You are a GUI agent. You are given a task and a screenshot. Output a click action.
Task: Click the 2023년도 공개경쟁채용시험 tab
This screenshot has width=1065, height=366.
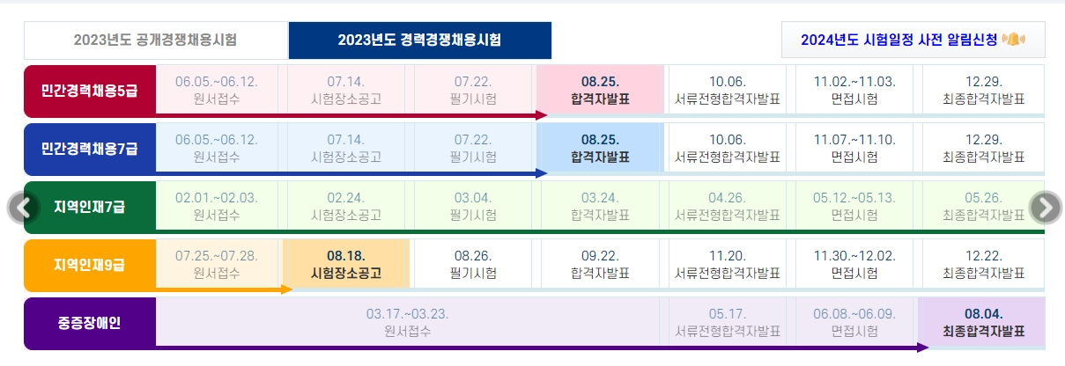155,40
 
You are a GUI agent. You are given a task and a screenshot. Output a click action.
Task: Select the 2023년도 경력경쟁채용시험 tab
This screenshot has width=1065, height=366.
419,40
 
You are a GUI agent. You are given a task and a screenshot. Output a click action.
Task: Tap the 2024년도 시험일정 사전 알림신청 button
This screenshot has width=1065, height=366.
912,40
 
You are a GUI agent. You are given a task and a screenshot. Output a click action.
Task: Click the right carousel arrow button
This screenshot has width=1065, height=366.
1046,208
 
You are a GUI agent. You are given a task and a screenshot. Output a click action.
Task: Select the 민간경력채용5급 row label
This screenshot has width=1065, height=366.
90,90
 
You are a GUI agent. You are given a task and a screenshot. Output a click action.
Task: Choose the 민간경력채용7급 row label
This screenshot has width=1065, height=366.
90,149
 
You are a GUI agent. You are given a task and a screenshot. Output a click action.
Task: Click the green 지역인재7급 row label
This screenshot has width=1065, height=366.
90,208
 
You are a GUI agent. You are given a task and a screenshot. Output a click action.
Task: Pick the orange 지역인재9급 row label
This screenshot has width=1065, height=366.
90,265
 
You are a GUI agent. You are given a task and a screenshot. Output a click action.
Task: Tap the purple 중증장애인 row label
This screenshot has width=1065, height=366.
90,323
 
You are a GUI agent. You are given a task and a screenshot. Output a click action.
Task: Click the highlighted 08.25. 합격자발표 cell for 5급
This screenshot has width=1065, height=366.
600,90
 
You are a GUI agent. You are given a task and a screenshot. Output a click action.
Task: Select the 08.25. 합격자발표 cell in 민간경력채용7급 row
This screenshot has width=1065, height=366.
600,149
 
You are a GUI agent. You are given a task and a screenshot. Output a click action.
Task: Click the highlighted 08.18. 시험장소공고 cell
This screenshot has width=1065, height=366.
345,264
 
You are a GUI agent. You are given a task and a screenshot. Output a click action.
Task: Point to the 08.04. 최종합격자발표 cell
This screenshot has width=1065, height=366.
982,322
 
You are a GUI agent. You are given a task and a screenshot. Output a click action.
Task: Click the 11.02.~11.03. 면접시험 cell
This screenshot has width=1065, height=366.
854,90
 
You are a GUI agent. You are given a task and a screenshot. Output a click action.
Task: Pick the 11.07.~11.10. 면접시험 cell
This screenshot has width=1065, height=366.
854,149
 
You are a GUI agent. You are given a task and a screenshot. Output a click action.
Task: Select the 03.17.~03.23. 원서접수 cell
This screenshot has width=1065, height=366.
407,322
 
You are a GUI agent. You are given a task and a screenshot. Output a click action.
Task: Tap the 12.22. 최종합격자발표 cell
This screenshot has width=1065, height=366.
982,264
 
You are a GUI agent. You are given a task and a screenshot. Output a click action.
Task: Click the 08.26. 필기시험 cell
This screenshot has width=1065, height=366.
473,264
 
